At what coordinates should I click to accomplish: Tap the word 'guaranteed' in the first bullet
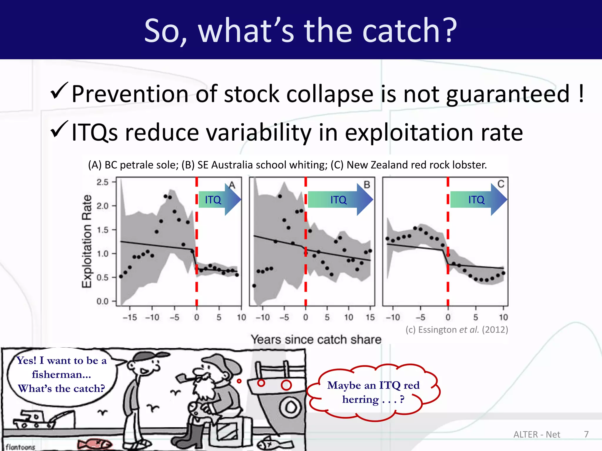pos(508,95)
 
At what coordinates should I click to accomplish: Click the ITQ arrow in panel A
pos(219,200)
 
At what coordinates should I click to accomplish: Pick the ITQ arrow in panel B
pos(340,200)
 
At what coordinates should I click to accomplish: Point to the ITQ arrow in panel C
pos(478,200)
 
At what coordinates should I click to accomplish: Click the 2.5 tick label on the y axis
pos(102,182)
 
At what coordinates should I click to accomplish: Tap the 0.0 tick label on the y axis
pos(102,301)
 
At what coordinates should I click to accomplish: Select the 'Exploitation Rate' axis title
pos(87,241)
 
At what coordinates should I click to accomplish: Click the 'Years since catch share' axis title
pos(316,339)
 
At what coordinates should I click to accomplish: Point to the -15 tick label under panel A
pos(130,317)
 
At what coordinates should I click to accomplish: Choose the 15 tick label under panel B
pos(370,317)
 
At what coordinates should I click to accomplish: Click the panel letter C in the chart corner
pos(501,184)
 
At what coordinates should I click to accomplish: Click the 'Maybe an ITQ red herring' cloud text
pos(373,392)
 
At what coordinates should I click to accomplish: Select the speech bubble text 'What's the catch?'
pos(61,388)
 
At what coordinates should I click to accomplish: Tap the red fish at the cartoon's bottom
pos(94,444)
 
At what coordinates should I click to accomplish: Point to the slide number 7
pos(586,434)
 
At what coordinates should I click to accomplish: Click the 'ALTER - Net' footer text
pos(537,434)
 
